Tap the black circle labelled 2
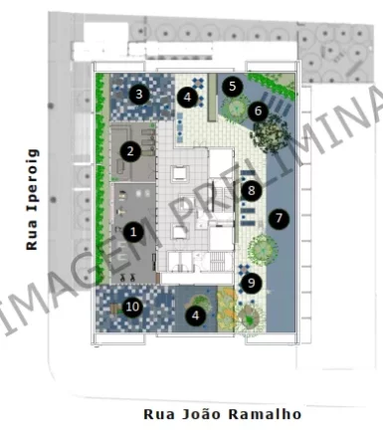pos(129,151)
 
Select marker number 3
pos(139,95)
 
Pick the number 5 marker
pos(233,86)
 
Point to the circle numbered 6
pos(258,110)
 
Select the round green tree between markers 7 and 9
pos(263,247)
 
